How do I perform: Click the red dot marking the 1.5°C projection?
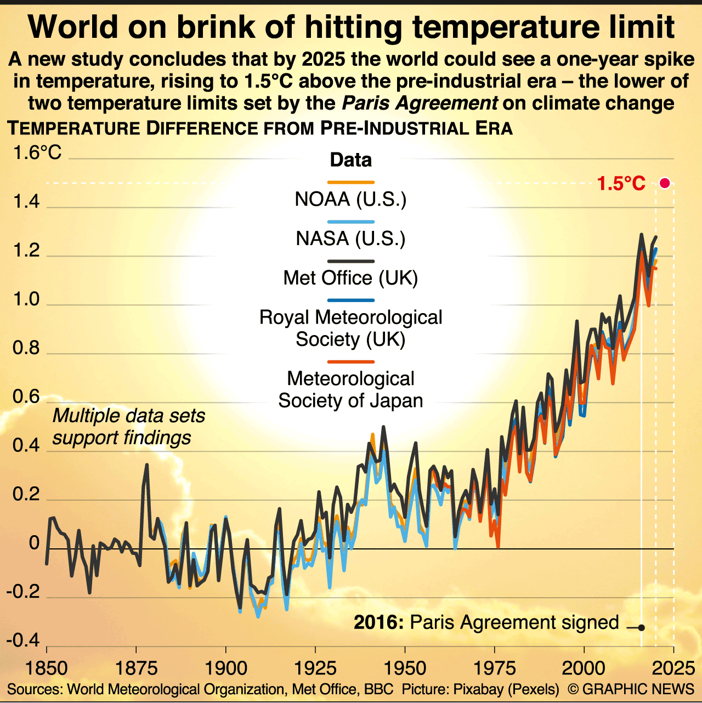click(665, 183)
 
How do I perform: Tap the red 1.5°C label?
click(621, 184)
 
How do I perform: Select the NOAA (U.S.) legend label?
click(350, 199)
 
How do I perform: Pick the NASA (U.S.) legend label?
click(350, 239)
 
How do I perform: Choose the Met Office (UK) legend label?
click(350, 278)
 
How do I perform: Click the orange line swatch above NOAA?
click(350, 183)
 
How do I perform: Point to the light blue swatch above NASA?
click(350, 222)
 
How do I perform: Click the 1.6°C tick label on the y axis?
click(37, 152)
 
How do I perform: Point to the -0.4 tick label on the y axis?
click(23, 640)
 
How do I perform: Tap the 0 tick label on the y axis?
click(34, 543)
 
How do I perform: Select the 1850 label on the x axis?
click(47, 668)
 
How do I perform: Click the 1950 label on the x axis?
click(405, 668)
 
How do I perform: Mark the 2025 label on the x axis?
click(673, 668)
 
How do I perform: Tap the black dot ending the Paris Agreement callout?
click(641, 628)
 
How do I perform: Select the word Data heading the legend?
click(350, 160)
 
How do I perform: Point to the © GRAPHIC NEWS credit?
click(631, 689)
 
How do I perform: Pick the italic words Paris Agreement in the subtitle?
click(420, 103)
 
